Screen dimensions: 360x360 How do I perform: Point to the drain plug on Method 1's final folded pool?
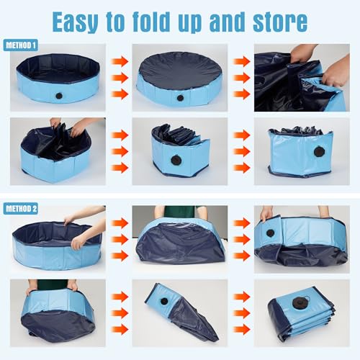click(x=318, y=152)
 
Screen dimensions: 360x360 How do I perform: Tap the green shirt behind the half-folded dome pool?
click(x=180, y=212)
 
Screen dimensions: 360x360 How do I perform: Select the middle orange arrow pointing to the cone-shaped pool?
click(x=120, y=313)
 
